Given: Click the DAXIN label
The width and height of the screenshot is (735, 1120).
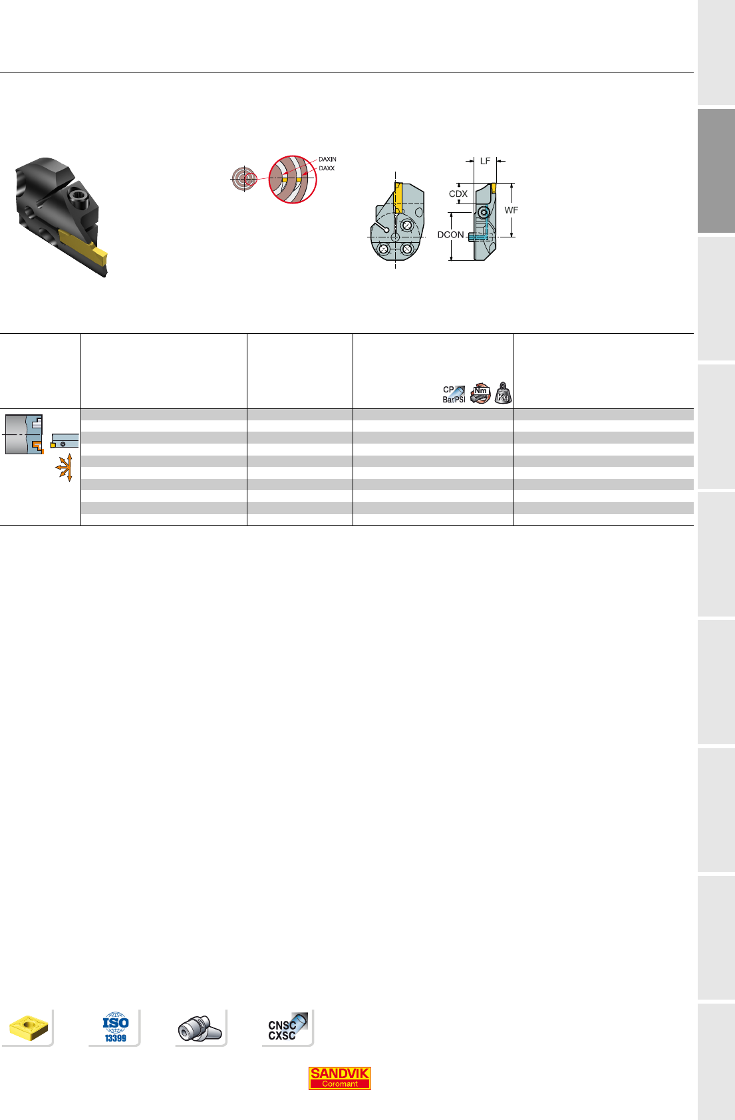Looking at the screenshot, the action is (327, 160).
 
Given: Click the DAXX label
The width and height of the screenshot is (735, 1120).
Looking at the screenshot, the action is (327, 168).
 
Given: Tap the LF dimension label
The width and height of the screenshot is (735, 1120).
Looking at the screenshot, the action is (485, 161).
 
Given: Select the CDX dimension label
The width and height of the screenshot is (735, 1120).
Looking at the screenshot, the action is (458, 194).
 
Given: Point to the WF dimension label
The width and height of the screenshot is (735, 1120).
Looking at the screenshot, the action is (511, 211).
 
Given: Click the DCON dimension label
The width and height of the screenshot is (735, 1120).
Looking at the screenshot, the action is (450, 235).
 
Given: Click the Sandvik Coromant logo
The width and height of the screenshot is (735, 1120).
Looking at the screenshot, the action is (339, 1078).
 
